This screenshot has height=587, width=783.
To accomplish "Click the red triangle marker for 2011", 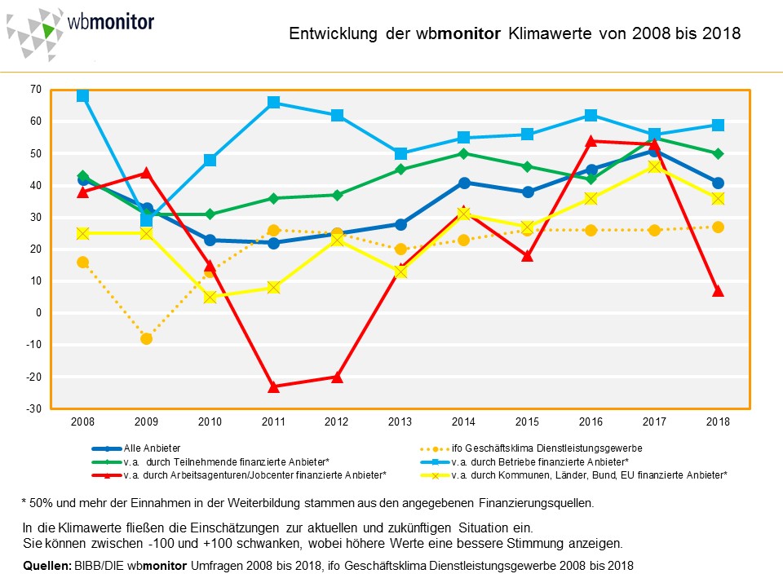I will pyautogui.click(x=273, y=386).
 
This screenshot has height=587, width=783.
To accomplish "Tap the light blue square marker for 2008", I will pyautogui.click(x=82, y=96).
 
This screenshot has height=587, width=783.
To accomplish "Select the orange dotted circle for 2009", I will pyautogui.click(x=146, y=338).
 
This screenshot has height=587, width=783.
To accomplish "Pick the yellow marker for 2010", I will pyautogui.click(x=210, y=297).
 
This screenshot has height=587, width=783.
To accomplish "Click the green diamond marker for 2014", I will pyautogui.click(x=463, y=153).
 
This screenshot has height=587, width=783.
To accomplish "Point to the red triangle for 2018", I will pyautogui.click(x=718, y=291).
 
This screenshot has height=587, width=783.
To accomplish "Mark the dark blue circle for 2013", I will pyautogui.click(x=400, y=224).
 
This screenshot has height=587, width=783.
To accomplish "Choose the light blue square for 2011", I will pyautogui.click(x=273, y=103).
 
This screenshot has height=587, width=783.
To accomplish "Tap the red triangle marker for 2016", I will pyautogui.click(x=591, y=141).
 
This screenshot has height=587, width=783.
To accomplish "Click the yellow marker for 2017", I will pyautogui.click(x=654, y=166).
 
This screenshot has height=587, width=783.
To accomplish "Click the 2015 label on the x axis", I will pyautogui.click(x=527, y=422).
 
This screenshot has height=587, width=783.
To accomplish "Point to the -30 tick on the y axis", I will pyautogui.click(x=35, y=408).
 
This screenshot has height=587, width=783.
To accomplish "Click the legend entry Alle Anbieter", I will pyautogui.click(x=152, y=448).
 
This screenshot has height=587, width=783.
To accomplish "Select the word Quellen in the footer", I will pyautogui.click(x=45, y=565).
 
